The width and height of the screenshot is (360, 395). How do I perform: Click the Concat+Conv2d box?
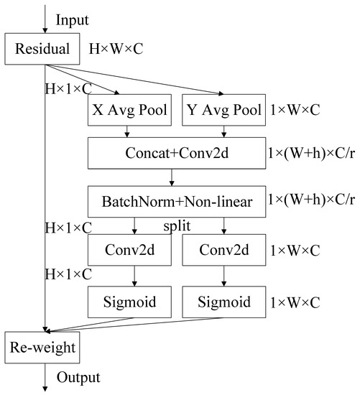175,153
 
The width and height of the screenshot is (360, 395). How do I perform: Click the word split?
175,226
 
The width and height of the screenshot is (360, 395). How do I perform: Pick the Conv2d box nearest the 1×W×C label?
222,251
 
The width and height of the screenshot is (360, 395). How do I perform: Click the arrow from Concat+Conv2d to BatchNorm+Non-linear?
173,177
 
